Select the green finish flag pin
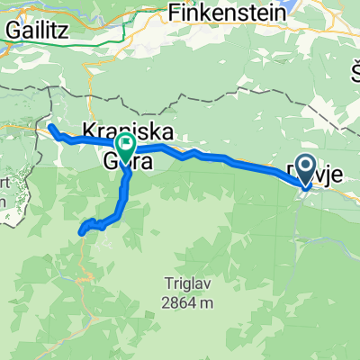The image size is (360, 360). pos(123,143)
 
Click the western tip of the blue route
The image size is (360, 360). pos(50,129)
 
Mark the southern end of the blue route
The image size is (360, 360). pos(83,232)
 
